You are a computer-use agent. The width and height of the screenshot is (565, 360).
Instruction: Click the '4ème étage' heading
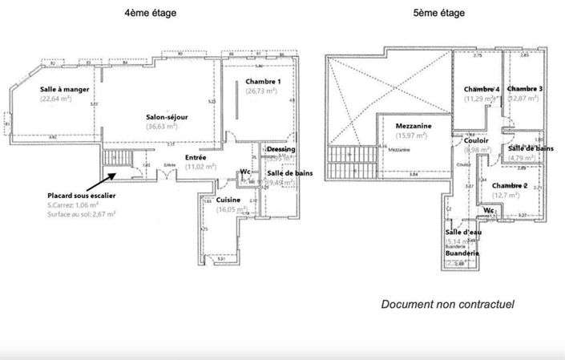point(151,14)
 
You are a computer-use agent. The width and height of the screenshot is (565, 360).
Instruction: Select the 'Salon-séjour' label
point(167,116)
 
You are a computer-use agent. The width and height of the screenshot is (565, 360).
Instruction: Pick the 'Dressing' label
point(280,149)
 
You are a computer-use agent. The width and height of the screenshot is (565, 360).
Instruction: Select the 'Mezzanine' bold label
point(414,126)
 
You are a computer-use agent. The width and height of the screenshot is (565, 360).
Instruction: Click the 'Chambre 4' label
point(482,89)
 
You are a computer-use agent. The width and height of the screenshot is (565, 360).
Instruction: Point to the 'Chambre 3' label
point(525,89)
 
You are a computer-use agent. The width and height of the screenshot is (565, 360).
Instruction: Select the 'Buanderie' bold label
point(462,253)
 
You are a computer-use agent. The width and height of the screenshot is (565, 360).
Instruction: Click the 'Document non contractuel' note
point(447,304)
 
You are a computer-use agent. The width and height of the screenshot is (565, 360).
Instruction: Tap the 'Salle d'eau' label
point(462,233)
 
